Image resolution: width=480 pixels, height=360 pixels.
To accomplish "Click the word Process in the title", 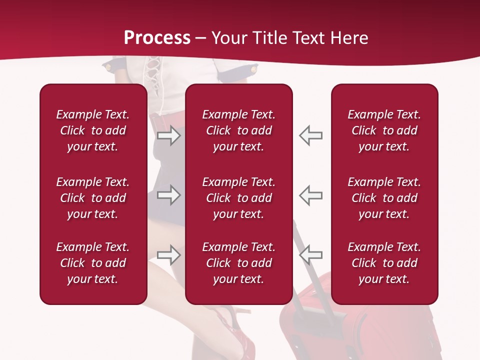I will click(157, 38).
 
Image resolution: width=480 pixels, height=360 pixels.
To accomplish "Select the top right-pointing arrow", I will click(169, 135).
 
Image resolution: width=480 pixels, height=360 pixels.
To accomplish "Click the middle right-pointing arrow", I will click(169, 195).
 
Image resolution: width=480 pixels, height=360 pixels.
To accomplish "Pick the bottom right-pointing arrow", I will click(169, 255).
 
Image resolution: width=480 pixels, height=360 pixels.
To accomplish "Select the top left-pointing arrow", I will click(310, 135).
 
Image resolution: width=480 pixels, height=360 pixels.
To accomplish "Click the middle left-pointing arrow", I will click(310, 195).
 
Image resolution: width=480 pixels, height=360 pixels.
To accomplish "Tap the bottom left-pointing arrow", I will click(310, 255).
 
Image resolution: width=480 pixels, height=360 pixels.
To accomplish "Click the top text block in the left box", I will click(93, 130).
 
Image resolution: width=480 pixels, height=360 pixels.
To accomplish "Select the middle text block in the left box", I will click(93, 198).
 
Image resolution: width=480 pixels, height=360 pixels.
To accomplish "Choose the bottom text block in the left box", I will click(93, 263).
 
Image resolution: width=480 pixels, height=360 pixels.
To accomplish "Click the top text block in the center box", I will click(239, 130).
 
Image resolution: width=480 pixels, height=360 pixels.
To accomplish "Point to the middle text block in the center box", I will click(239, 198).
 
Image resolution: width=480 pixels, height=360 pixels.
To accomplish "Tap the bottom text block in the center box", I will click(239, 263).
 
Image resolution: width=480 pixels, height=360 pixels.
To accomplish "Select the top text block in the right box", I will click(384, 130).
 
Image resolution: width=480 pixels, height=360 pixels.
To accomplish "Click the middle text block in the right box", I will click(384, 198).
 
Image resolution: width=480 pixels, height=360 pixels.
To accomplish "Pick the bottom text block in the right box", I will click(384, 263).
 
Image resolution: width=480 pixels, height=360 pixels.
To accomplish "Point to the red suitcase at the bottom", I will click(360, 332).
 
